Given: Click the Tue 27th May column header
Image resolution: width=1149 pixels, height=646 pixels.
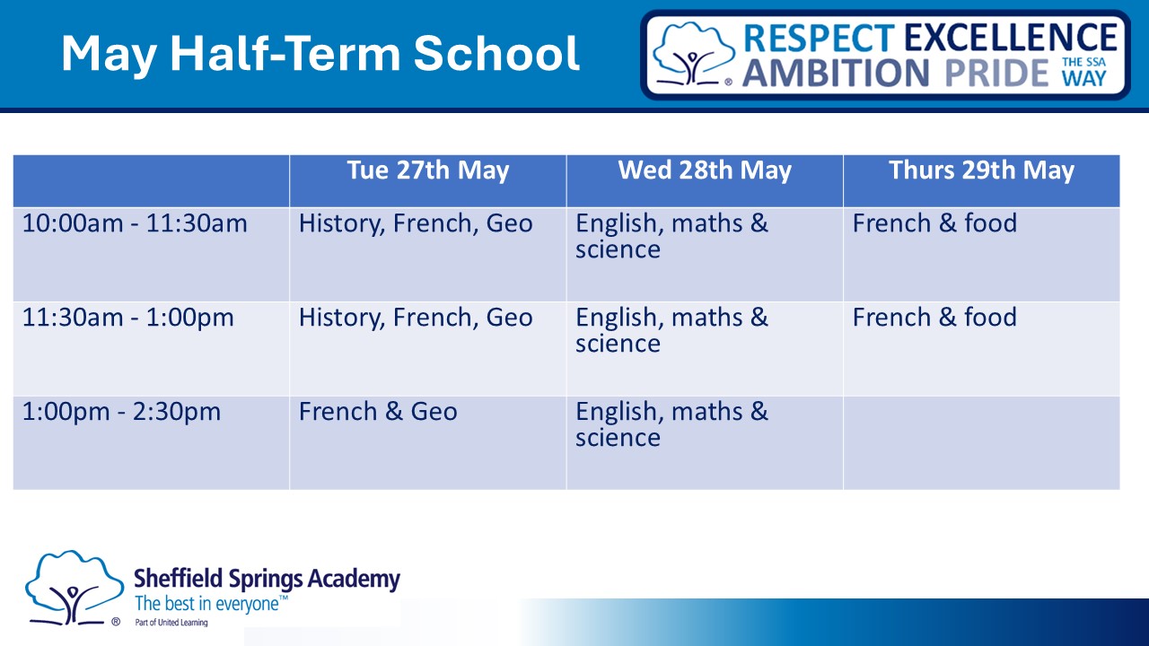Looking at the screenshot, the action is click(428, 170).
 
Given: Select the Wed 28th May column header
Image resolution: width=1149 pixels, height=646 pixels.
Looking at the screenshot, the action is click(705, 170).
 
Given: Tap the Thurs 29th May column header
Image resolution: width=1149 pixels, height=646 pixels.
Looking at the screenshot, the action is click(981, 170).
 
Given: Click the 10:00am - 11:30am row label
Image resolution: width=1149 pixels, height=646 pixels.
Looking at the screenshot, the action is click(135, 223).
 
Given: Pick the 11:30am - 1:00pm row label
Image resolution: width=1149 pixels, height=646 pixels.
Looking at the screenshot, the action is click(127, 318).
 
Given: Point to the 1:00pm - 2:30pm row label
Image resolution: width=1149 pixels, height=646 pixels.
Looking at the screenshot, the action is click(121, 412).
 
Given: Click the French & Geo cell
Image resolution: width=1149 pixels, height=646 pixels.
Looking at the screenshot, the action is click(378, 412).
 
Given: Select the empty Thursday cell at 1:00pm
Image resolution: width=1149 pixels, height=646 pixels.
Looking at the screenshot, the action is click(981, 443).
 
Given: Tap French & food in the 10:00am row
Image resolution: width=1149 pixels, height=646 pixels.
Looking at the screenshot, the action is click(934, 223).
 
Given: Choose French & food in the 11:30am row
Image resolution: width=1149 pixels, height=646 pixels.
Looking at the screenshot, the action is click(934, 318).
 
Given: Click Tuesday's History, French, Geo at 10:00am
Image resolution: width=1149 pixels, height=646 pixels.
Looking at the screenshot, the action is click(416, 224).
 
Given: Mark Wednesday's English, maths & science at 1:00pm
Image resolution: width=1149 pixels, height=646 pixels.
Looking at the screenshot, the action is click(671, 424).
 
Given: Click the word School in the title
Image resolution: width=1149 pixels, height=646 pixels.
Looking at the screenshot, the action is click(496, 53).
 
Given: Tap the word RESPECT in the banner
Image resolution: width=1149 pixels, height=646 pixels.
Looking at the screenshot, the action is click(820, 38).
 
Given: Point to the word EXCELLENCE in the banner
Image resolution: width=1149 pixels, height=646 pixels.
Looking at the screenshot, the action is click(1011, 38).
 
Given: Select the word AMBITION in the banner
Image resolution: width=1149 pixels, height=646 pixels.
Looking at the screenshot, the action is click(836, 74).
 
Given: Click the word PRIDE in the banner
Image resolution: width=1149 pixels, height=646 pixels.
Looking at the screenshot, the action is click(996, 74).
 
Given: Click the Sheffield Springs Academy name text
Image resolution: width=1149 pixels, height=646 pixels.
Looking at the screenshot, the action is click(267, 580).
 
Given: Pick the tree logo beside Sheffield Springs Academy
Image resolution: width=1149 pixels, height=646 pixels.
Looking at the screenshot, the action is click(75, 588).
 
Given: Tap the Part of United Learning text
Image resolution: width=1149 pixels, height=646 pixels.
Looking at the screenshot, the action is click(171, 623).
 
